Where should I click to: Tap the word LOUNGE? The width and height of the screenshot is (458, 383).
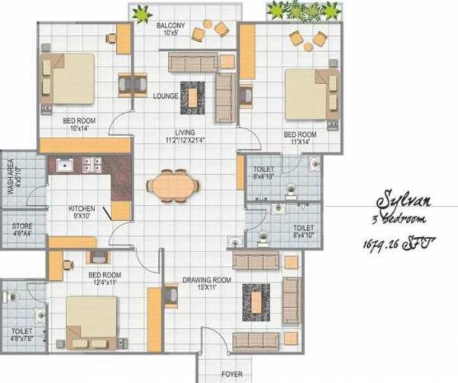[x=165, y=96]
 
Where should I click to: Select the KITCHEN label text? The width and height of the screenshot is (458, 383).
[x=81, y=209]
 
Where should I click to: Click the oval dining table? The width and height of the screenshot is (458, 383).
[x=175, y=187]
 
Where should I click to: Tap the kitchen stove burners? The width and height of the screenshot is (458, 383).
[x=92, y=164]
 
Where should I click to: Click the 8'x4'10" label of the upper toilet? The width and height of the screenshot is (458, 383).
[x=265, y=175]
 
